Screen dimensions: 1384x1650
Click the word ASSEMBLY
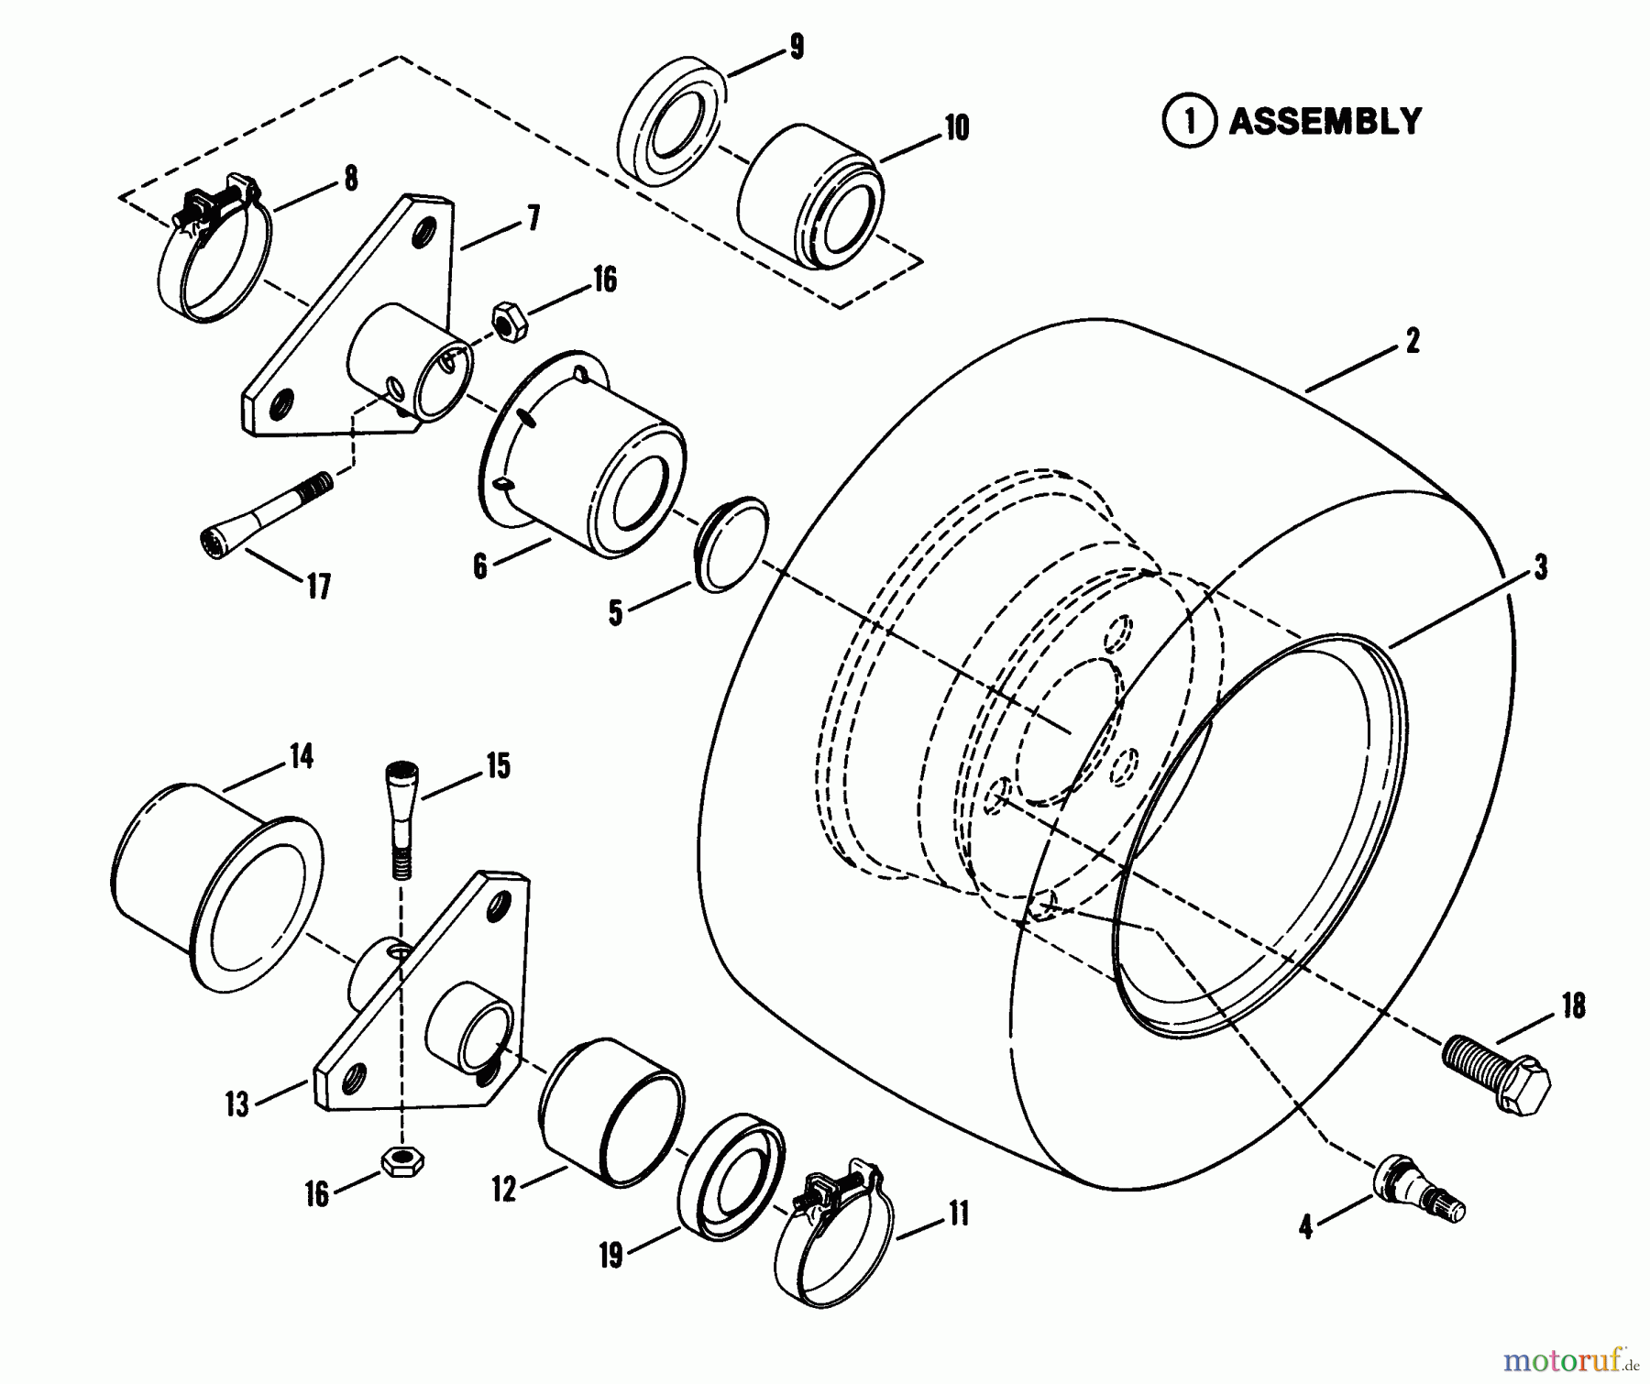(1325, 122)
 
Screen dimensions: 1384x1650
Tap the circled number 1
(1189, 122)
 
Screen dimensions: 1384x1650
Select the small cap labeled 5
(732, 544)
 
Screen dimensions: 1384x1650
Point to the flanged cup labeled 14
(215, 885)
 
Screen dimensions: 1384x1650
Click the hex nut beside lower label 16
(401, 1161)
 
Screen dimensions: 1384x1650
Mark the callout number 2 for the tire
(1412, 342)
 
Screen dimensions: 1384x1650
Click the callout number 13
(237, 1104)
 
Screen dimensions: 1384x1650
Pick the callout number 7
(532, 219)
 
